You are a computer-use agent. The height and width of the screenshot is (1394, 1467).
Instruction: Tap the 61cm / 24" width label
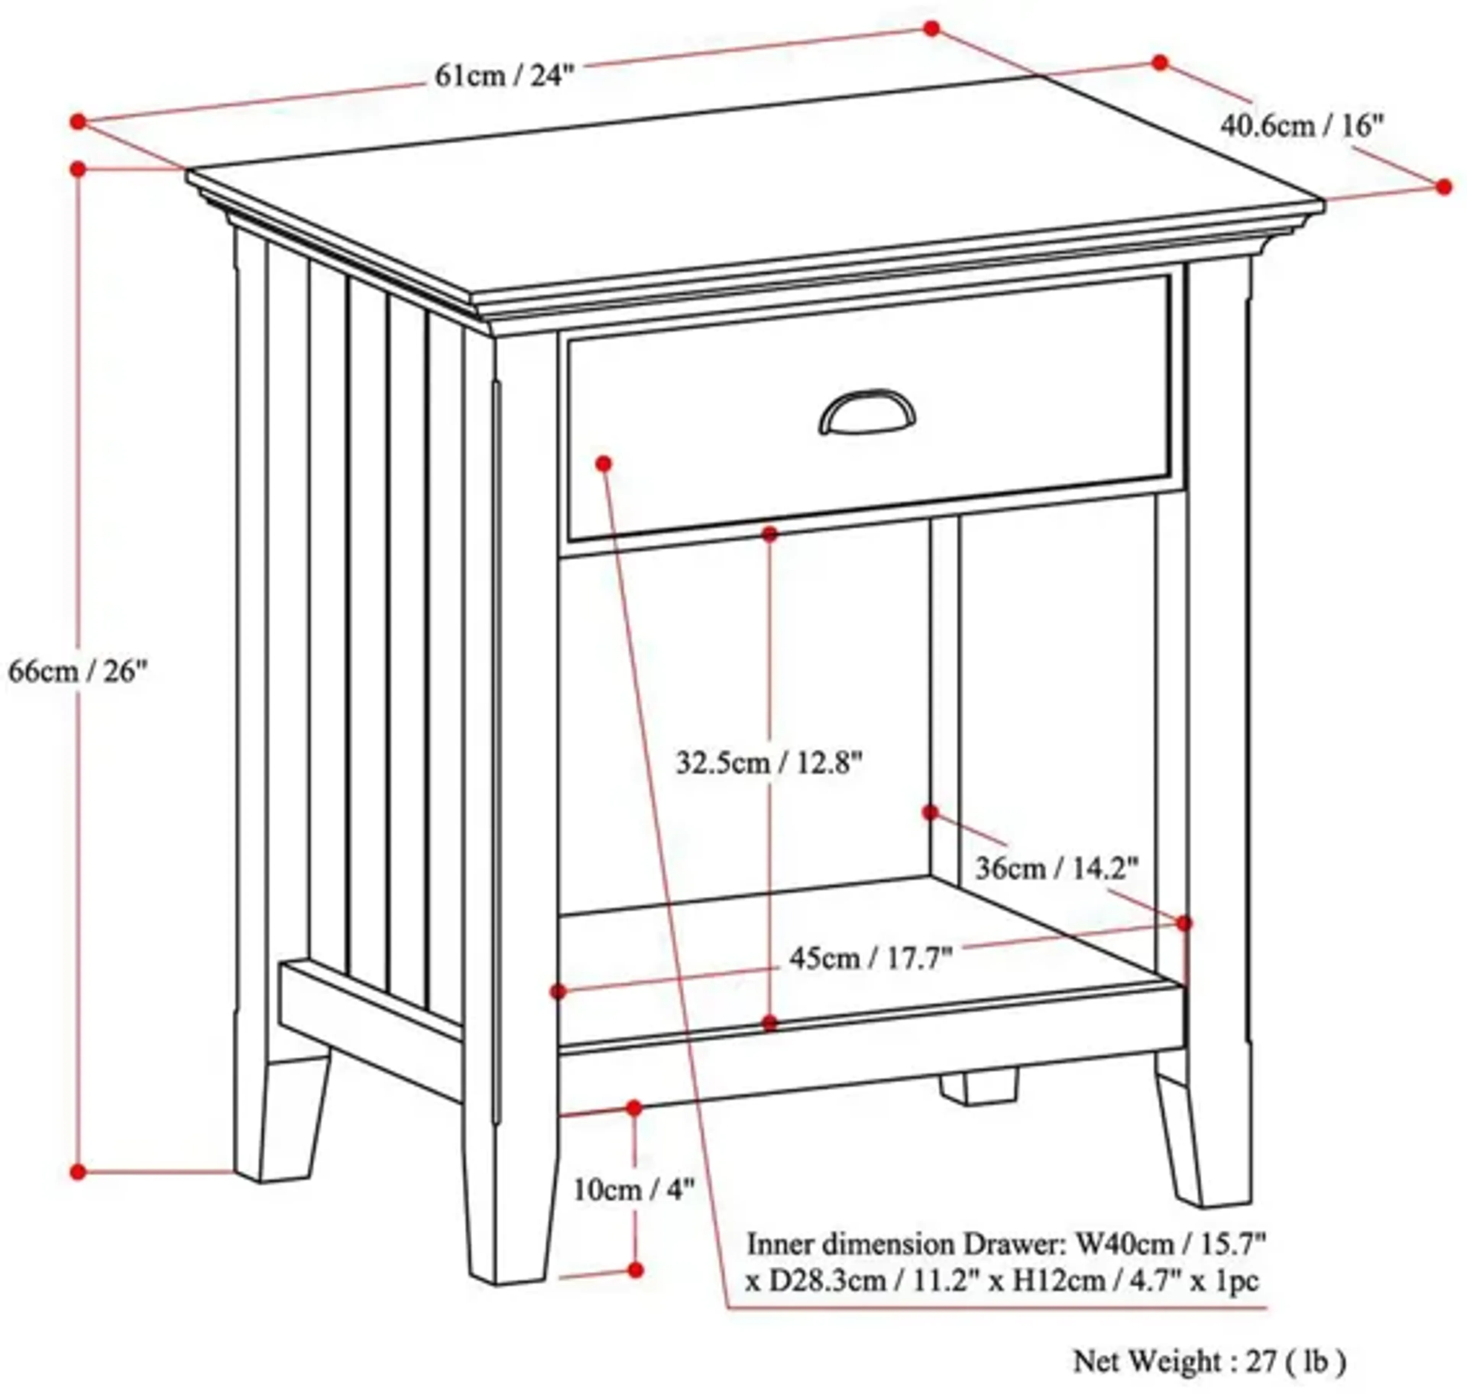[504, 75]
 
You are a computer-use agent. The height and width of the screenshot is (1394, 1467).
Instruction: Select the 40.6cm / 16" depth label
[1302, 126]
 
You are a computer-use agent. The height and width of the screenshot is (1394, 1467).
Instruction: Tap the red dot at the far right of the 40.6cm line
[1443, 186]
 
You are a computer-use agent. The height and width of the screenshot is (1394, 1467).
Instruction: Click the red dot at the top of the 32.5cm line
[770, 534]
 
